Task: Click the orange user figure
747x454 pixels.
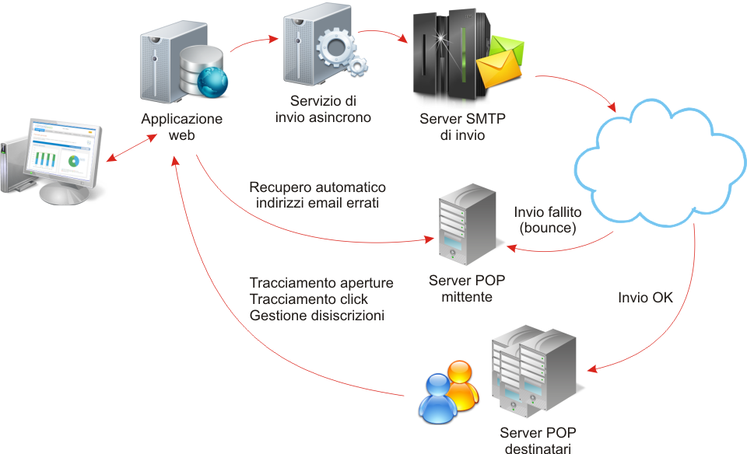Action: tap(460, 386)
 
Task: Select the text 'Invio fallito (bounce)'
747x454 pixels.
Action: tap(548, 221)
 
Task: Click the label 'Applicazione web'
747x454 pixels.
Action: tap(182, 127)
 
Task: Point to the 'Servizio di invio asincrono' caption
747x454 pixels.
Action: tap(323, 110)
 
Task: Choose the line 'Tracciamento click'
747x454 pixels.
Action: tap(309, 299)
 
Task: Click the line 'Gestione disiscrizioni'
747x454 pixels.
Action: tap(317, 316)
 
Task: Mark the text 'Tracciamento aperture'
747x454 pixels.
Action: tap(321, 282)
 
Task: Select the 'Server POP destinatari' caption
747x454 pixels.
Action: tap(538, 441)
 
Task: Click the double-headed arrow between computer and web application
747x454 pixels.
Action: tap(128, 148)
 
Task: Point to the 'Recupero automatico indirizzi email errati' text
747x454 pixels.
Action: tap(317, 196)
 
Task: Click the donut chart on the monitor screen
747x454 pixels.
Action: tap(75, 162)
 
